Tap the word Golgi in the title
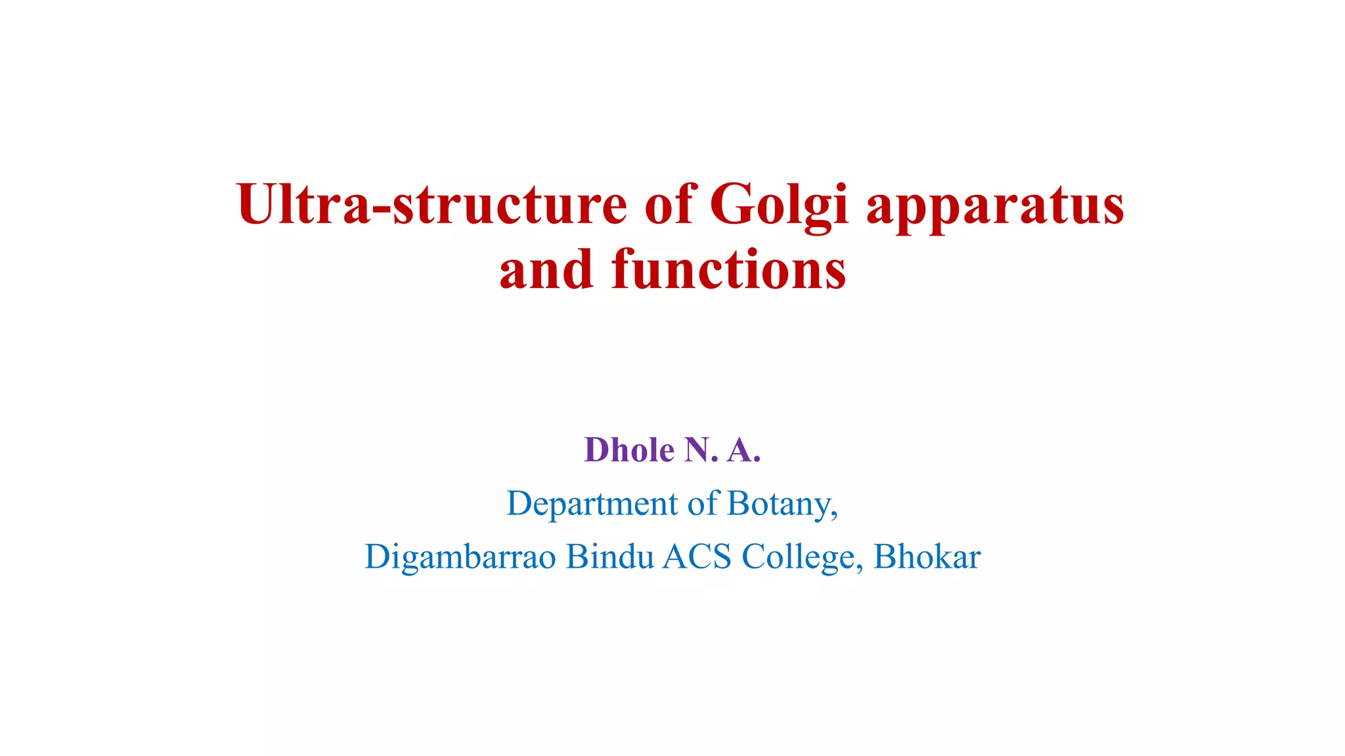(x=780, y=205)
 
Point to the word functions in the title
(x=728, y=270)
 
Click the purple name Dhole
(x=629, y=450)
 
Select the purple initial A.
(x=742, y=450)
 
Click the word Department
(x=592, y=504)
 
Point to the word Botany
(x=780, y=504)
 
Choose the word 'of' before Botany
(x=703, y=504)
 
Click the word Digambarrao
(x=460, y=557)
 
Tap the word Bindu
(x=610, y=556)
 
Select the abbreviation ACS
(x=697, y=556)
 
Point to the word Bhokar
(x=927, y=556)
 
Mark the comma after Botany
(x=835, y=514)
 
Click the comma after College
(x=860, y=567)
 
